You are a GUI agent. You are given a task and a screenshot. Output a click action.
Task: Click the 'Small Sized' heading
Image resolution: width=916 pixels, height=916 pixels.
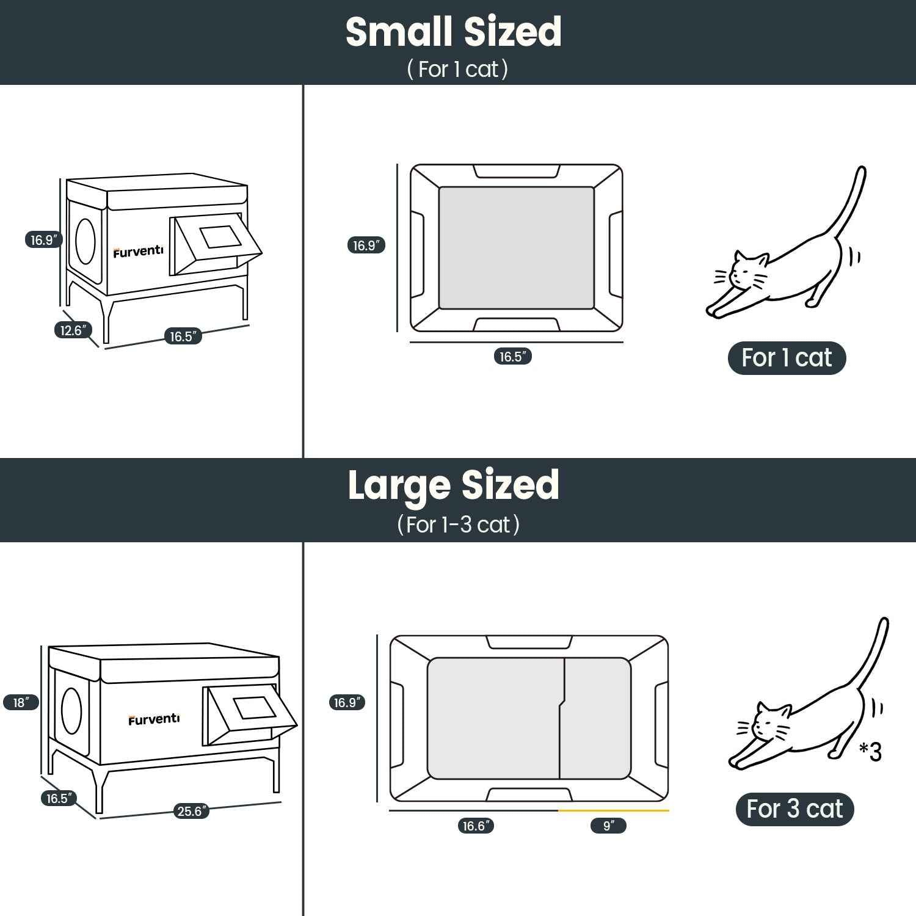[x=453, y=32]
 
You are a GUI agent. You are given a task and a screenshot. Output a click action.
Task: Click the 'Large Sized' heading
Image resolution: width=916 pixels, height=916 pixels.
[x=453, y=485]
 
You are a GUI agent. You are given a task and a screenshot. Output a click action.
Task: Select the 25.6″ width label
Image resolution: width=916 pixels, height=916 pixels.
[x=191, y=811]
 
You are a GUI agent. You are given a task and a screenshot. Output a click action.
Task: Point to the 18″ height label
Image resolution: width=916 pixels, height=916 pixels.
[x=21, y=702]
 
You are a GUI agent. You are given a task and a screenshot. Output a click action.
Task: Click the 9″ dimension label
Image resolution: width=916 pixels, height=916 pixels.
[x=608, y=826]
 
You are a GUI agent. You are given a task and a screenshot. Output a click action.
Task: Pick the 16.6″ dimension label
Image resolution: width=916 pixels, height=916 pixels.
[x=476, y=826]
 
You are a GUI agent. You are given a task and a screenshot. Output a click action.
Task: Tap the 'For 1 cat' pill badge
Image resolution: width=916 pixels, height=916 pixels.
[x=787, y=358]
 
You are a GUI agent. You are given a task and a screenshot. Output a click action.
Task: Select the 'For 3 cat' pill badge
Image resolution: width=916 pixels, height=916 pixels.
[x=794, y=809]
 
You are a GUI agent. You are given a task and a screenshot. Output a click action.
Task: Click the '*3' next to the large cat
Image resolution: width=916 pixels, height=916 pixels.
[x=871, y=752]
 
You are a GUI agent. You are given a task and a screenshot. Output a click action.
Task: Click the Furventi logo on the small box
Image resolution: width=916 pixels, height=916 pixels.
[x=138, y=251]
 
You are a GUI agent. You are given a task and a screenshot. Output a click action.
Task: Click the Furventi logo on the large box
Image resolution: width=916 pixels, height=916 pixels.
[x=154, y=719]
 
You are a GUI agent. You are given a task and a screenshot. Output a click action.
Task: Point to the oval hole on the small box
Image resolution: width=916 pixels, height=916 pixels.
[x=85, y=241]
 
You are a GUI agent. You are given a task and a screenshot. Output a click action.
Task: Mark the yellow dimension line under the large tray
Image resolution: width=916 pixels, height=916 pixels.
[x=613, y=810]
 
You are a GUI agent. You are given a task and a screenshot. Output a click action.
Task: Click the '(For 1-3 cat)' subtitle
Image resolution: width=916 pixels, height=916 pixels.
[x=458, y=525]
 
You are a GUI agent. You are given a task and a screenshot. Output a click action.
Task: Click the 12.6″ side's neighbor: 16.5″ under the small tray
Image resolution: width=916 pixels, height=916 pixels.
[x=513, y=357]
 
